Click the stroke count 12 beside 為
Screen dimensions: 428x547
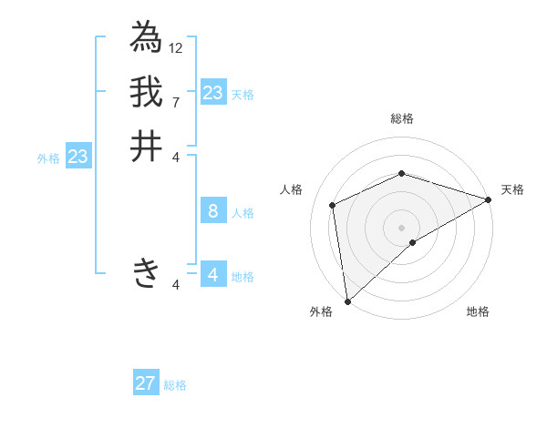pos(176,47)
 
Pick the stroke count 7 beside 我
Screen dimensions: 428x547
pos(176,102)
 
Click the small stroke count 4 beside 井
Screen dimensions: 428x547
pos(176,157)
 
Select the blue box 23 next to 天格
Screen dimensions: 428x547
pos(213,93)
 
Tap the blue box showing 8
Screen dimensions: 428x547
pos(213,212)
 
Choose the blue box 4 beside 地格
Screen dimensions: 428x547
pos(213,274)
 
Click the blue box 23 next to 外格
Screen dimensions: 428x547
pos(78,158)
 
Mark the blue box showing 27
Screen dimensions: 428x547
pos(146,383)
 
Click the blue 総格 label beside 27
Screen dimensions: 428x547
pos(176,385)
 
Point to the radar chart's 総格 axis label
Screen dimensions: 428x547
pos(401,119)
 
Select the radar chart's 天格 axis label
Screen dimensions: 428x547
pos(512,189)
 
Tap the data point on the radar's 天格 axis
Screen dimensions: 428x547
pos(489,199)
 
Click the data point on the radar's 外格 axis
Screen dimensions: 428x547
pos(347,301)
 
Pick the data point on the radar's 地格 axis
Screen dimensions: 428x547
pos(413,242)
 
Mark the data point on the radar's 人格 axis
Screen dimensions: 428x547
pos(333,205)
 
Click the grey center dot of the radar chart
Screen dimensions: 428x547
pos(401,227)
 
